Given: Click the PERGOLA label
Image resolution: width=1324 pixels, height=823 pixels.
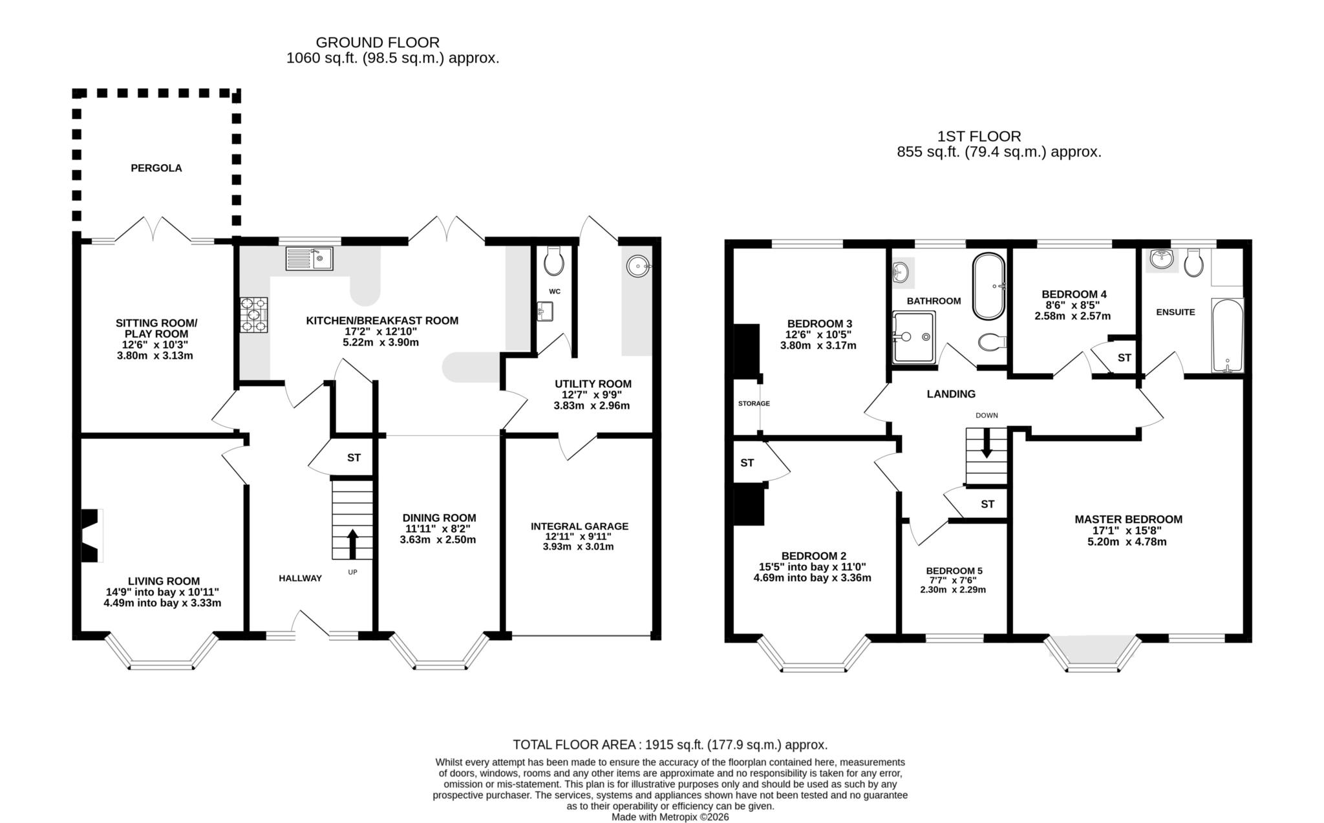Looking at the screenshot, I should coord(156,168).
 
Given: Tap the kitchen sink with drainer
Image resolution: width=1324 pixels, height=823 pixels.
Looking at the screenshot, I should coord(308,258).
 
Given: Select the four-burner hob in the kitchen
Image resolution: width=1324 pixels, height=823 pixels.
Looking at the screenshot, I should coord(253,315).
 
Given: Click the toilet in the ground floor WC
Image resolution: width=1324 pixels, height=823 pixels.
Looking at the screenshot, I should coord(554,261).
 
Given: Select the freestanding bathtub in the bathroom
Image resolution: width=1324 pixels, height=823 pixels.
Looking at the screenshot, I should coord(988,286).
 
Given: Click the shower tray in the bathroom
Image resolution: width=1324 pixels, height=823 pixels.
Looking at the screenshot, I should coord(913,337).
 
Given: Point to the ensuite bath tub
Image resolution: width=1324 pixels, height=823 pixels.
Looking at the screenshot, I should coord(1227,336).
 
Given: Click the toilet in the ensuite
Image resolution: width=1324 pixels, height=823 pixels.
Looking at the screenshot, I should coord(1194,263).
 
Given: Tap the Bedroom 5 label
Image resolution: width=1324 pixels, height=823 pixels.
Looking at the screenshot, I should coord(954,571).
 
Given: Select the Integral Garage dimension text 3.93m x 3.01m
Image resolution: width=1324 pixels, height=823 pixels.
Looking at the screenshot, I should coord(578,546).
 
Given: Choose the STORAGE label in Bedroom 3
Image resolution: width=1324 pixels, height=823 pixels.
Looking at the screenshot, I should coord(754,403).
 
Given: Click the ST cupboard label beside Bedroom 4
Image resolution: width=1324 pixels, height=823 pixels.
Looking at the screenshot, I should coord(1124,358).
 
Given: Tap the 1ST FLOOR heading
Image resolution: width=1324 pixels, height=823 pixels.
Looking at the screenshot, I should coord(979,136).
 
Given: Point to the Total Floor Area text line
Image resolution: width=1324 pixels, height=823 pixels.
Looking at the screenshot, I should coord(670,744).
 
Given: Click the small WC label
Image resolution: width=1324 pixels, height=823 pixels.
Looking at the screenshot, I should coord(554,292).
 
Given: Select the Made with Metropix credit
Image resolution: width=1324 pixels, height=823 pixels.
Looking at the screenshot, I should coord(670,817).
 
